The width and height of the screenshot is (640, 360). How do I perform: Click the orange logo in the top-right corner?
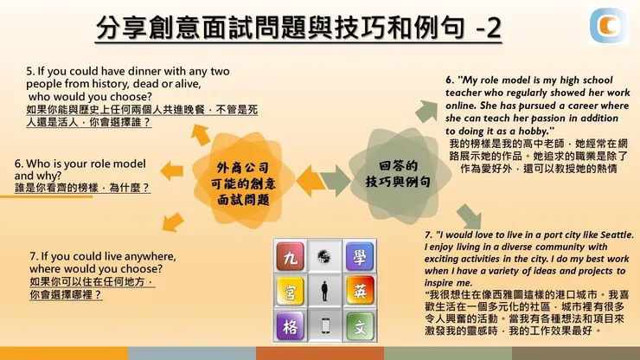click(x=611, y=26)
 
